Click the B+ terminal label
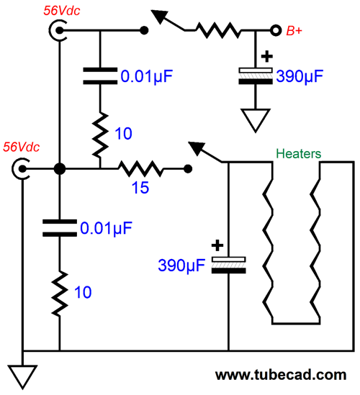(x=294, y=31)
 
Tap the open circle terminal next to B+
(x=276, y=30)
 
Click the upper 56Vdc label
(x=61, y=11)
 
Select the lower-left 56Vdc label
(x=21, y=147)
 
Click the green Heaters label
(x=299, y=153)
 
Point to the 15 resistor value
(x=140, y=187)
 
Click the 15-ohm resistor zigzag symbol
(x=140, y=169)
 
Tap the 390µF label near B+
(x=300, y=76)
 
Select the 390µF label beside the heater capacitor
(x=181, y=265)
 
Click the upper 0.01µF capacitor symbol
(x=100, y=76)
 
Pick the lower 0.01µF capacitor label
(x=106, y=228)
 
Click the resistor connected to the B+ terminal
(x=218, y=30)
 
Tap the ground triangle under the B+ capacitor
(x=256, y=120)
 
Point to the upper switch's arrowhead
(x=159, y=16)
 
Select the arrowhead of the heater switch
(x=197, y=148)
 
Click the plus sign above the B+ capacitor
(x=267, y=56)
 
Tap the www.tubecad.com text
(x=281, y=375)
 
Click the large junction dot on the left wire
(x=60, y=169)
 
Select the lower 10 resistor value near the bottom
(x=83, y=292)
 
